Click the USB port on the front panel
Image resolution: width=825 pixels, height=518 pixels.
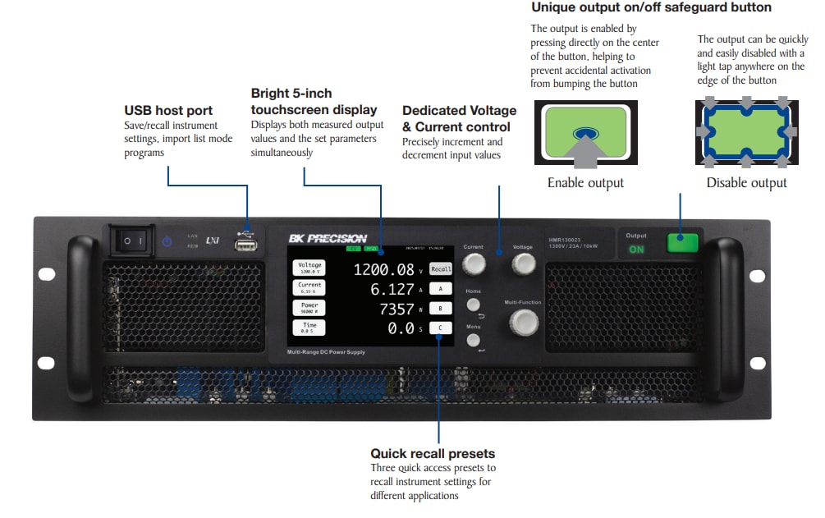246,243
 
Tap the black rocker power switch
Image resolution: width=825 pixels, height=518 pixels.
132,241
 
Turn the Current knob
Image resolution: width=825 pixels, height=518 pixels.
473,264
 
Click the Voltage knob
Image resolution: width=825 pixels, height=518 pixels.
522,264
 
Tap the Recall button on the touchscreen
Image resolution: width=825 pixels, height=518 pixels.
441,268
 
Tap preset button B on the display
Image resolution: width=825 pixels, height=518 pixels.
441,308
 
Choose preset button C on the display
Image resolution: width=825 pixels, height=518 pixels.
441,328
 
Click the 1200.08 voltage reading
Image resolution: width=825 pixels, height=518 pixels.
384,269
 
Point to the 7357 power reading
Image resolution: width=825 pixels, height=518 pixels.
396,309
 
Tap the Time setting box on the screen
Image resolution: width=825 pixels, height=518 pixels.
309,327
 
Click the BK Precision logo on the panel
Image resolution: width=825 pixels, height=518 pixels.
328,239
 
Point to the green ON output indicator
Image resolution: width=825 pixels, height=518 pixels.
636,250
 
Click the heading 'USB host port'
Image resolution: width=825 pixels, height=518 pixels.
168,110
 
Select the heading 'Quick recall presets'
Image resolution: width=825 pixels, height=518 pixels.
433,453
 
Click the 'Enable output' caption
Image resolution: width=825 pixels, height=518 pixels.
585,182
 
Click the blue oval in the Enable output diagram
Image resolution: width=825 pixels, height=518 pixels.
586,131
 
